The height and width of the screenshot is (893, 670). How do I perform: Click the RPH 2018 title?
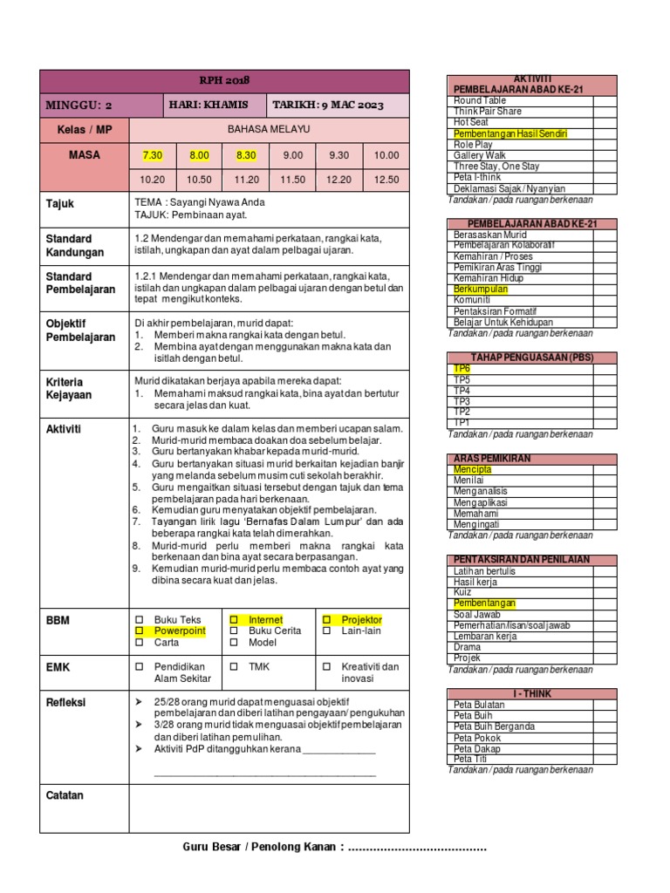[224, 80]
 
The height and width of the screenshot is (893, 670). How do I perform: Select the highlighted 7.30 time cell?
[153, 155]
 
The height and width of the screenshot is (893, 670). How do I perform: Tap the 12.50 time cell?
[386, 180]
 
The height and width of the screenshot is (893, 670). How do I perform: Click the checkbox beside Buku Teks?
[138, 620]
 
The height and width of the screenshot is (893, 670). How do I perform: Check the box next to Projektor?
[326, 620]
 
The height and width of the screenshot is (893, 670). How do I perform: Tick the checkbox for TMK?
[234, 667]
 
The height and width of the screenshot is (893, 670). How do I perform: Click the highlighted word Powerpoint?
[180, 631]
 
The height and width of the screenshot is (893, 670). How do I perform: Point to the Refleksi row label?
[65, 703]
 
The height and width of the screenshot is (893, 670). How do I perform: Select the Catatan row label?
[65, 795]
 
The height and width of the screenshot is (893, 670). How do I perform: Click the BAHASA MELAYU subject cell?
[268, 130]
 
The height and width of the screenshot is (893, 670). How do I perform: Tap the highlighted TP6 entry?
[461, 369]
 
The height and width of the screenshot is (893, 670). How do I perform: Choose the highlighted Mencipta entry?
[473, 469]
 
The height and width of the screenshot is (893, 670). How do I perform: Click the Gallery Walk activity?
[480, 155]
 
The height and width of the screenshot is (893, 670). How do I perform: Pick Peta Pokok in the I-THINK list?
[477, 738]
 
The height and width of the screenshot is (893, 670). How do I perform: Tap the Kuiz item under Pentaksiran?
[463, 592]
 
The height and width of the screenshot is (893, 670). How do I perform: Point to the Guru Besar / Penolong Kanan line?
[335, 848]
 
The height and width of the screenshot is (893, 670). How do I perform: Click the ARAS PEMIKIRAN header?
[493, 459]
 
